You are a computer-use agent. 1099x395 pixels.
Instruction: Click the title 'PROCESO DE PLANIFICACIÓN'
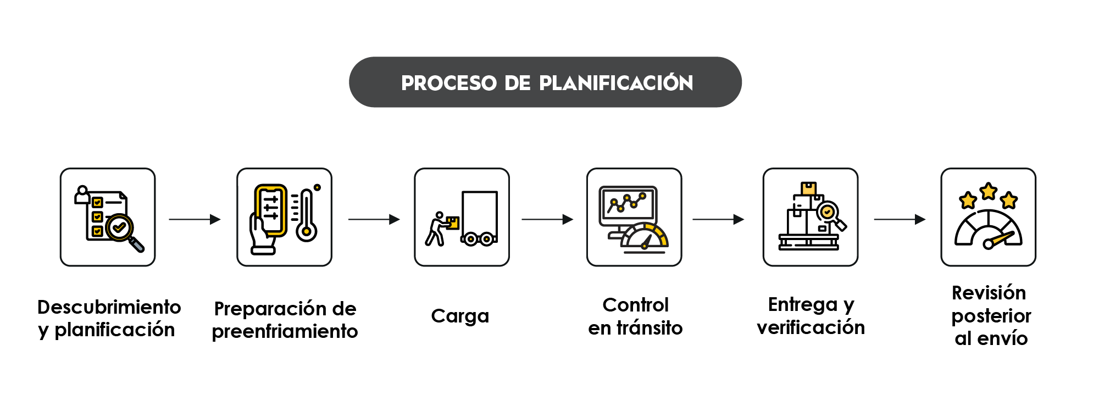[x=546, y=83]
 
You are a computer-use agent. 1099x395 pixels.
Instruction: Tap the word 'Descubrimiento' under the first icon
[x=109, y=307]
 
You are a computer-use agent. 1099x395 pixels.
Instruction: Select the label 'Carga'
[x=460, y=316]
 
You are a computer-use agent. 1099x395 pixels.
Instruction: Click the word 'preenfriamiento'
[x=285, y=332]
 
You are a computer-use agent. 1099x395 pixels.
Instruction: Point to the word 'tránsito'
[x=650, y=328]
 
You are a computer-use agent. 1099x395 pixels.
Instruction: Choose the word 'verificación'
[x=811, y=328]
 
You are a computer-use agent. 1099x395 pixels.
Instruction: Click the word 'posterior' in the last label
[x=991, y=316]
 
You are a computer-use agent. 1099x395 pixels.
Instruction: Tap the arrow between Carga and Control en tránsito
[x=547, y=220]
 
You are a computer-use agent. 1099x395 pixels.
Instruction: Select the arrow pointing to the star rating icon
[x=900, y=220]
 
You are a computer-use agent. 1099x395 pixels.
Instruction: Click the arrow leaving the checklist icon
[x=195, y=220]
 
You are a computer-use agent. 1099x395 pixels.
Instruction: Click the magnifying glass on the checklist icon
[x=124, y=230]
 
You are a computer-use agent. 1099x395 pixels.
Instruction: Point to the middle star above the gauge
[x=988, y=191]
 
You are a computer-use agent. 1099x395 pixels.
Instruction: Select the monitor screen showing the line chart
[x=628, y=205]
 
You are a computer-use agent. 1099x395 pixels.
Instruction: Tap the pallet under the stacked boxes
[x=808, y=242]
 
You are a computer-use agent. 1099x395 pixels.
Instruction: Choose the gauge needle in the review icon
[x=998, y=240]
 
